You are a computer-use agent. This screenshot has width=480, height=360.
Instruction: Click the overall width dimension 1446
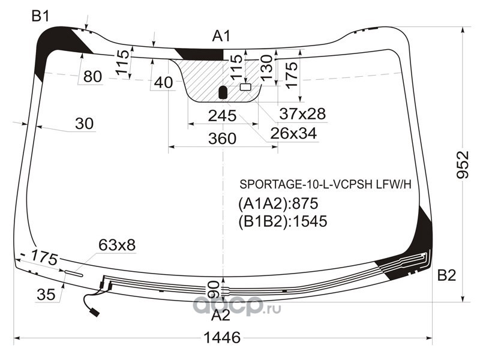point(222,338)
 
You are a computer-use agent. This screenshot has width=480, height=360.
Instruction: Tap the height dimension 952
point(463,164)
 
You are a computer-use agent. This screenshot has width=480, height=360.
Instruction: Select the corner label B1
point(40,16)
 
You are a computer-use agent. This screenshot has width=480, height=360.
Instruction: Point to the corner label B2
point(446,275)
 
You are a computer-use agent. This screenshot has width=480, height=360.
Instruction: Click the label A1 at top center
point(221,36)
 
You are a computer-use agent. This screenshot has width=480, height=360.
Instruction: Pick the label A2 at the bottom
point(220,315)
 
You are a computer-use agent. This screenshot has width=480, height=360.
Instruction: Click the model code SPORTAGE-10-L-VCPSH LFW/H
point(325,184)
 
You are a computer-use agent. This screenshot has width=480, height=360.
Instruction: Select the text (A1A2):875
point(278,203)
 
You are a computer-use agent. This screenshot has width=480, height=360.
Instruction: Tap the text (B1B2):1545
point(283,221)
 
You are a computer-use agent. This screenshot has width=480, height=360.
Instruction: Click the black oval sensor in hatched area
point(223,92)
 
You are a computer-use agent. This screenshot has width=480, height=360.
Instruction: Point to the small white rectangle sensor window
point(245,87)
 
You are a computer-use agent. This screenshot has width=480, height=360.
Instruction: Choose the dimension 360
point(222,139)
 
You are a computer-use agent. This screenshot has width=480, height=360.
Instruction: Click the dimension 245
point(222,116)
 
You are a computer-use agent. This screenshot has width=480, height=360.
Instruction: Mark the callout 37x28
point(302,114)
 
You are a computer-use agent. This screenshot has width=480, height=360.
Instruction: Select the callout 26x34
point(293,133)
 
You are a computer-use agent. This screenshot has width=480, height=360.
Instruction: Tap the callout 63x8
point(116,245)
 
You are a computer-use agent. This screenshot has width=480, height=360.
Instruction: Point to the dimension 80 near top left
point(92,76)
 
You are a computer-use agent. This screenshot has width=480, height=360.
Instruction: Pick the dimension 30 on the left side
point(84,124)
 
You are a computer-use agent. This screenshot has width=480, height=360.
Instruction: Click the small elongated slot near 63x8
point(73,274)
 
